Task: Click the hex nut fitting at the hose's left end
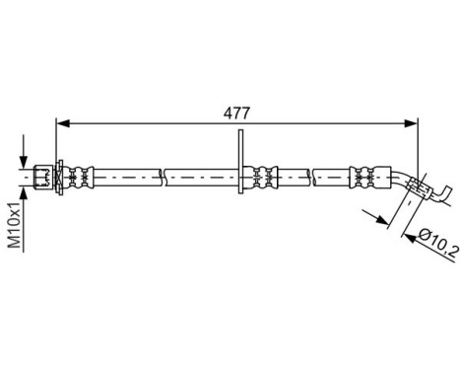(41, 178)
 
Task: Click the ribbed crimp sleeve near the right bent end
(363, 178)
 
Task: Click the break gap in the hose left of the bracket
(162, 178)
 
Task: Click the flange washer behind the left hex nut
(60, 178)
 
